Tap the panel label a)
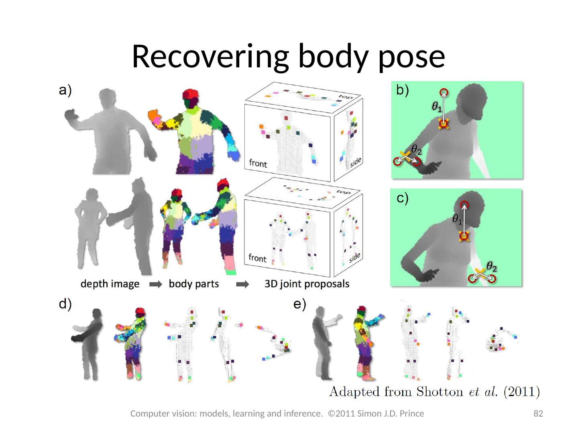click(65, 91)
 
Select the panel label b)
click(403, 91)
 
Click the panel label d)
click(65, 305)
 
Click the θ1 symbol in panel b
click(437, 107)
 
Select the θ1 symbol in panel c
click(457, 219)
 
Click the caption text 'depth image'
click(110, 284)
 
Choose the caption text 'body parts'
click(194, 284)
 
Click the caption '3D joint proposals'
click(307, 284)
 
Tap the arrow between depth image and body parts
click(155, 285)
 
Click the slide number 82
click(538, 413)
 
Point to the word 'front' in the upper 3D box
click(258, 163)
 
